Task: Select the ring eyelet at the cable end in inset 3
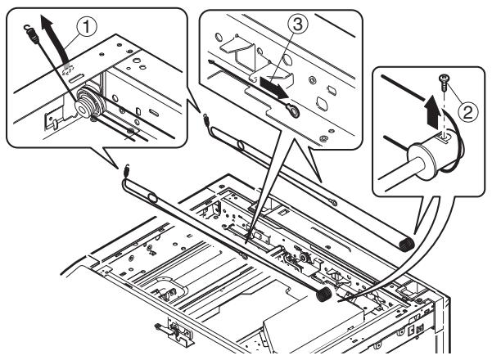coord(291,102)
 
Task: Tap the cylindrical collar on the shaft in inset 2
coord(427,157)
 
